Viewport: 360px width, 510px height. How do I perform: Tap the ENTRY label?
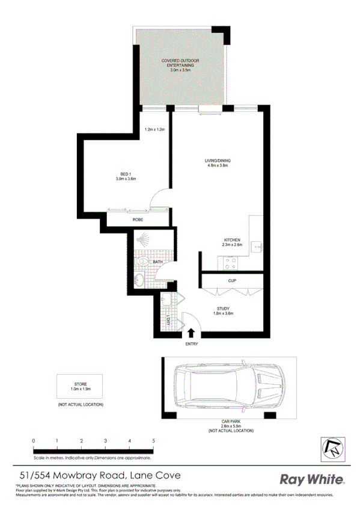tap(191, 344)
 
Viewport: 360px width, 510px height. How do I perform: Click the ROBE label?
tap(138, 220)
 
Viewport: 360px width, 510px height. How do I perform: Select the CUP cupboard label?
tap(231, 281)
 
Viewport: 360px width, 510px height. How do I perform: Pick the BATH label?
tap(157, 262)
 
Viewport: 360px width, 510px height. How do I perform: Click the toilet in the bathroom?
tap(142, 262)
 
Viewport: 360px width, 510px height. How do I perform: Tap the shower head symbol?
tap(142, 239)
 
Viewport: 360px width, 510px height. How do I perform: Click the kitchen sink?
tap(257, 246)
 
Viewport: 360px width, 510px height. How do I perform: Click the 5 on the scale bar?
tap(154, 441)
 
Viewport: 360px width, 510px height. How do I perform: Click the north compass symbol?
tap(331, 448)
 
